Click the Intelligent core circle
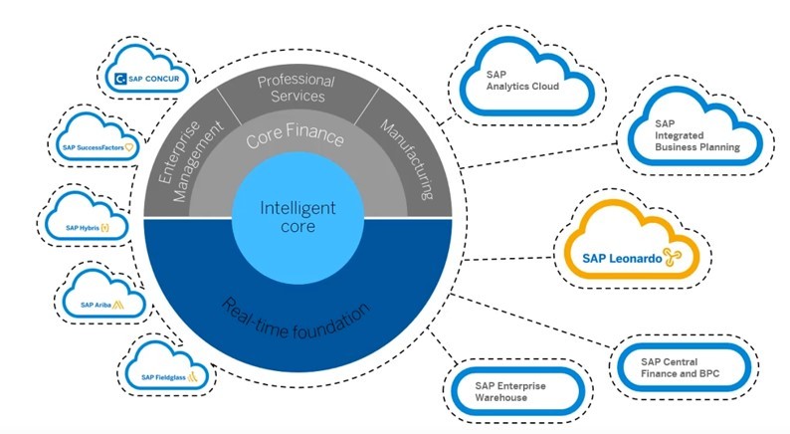pos(297,217)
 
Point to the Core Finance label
pos(295,138)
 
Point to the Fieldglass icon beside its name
pos(195,377)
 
